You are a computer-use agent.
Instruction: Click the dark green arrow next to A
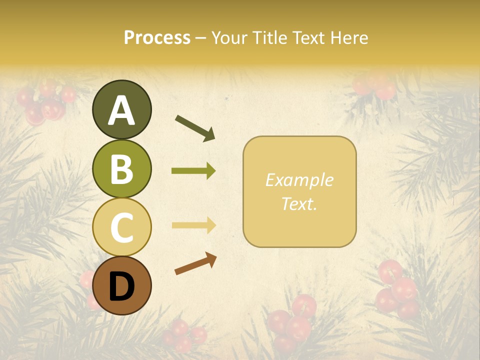195,128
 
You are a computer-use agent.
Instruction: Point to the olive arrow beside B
193,171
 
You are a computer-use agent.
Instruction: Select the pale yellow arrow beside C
193,225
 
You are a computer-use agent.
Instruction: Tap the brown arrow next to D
195,263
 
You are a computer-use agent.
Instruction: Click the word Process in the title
157,38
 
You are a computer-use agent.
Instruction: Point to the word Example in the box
299,180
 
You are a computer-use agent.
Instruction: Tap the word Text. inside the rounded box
299,203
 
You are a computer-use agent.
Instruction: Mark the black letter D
121,286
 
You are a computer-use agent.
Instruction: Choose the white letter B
121,169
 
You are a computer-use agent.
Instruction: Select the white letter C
121,227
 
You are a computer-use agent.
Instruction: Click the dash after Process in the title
201,38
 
